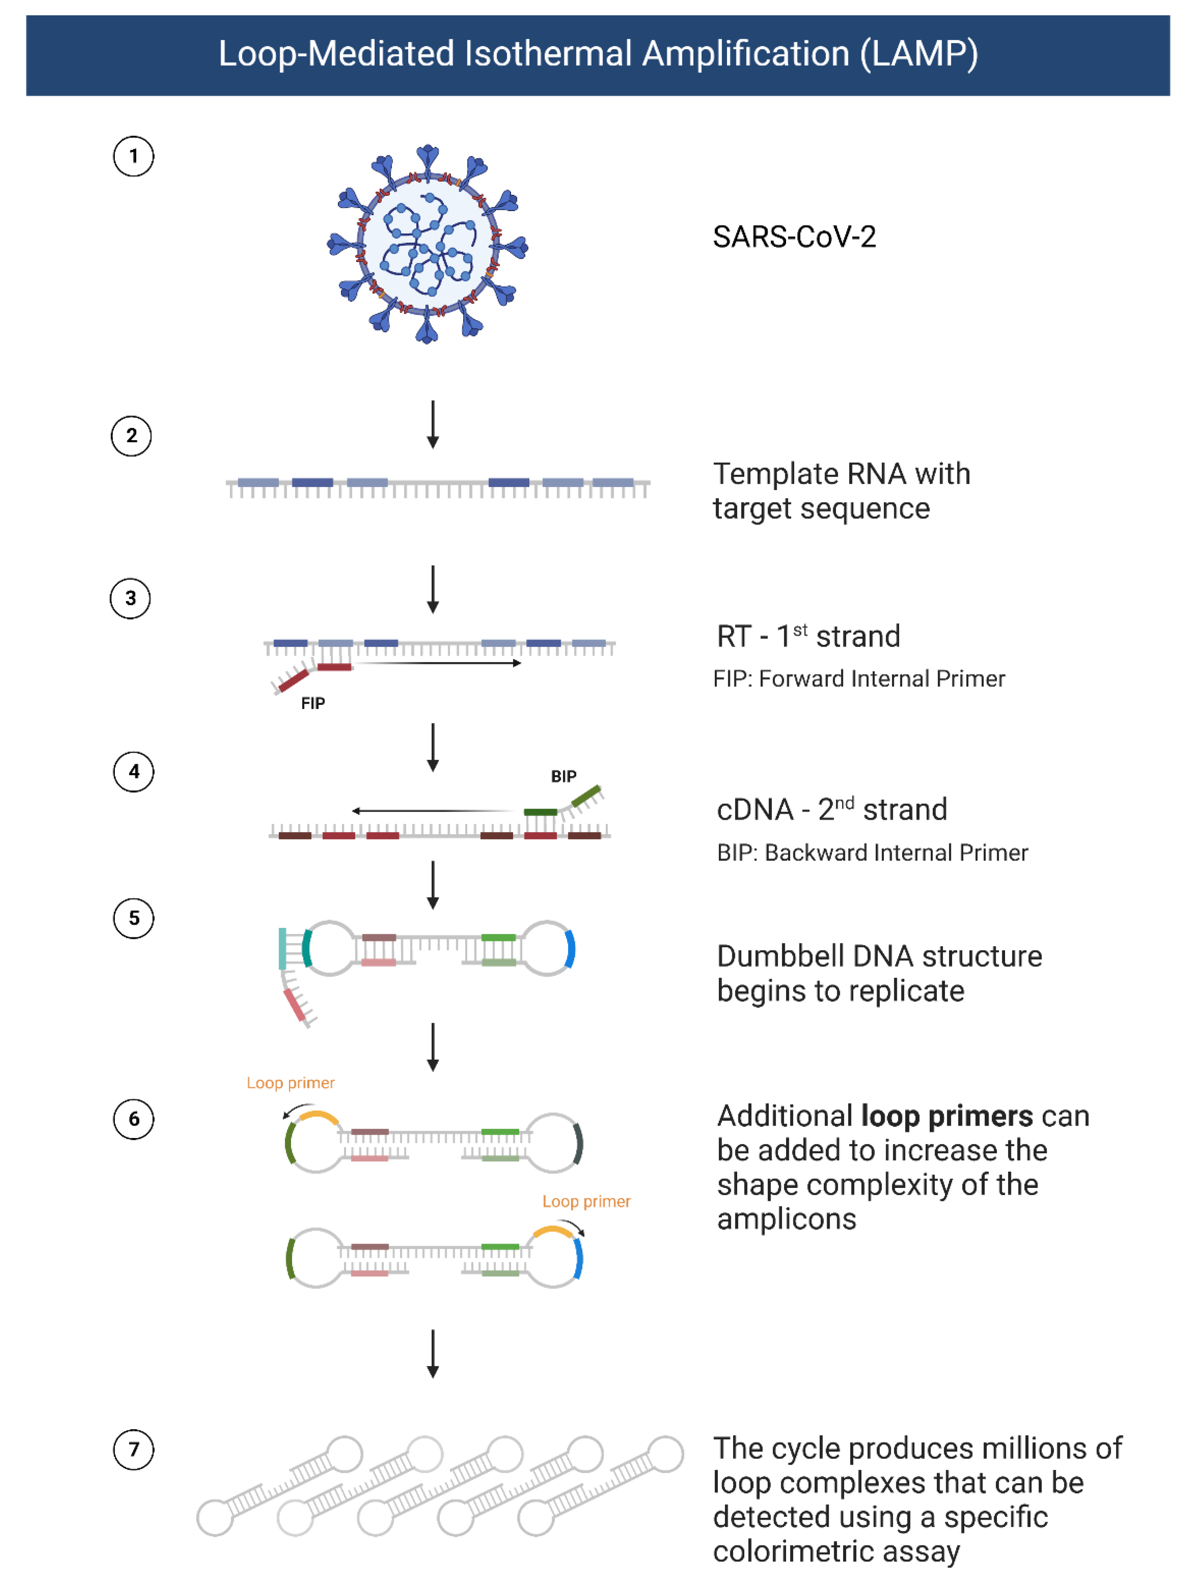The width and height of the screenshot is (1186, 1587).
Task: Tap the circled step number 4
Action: tap(134, 771)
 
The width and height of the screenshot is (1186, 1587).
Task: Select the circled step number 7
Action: tap(134, 1449)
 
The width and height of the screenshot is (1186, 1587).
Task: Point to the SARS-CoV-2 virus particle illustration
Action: tap(428, 244)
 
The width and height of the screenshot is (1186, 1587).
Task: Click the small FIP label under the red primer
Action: tap(313, 703)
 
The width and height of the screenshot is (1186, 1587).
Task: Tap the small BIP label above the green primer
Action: tap(563, 776)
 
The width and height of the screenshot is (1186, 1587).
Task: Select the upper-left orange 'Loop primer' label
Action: tap(291, 1083)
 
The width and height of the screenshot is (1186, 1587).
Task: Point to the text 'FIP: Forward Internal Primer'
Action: tap(859, 679)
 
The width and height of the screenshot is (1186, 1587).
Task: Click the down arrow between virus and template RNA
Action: tap(433, 425)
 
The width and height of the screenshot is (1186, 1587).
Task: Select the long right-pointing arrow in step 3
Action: tap(438, 663)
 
